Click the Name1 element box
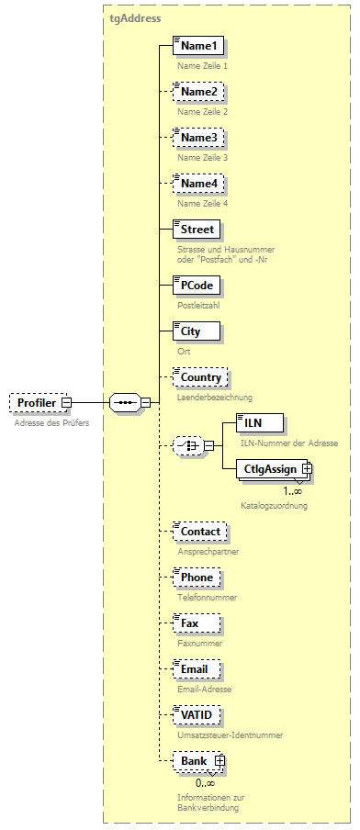[198, 46]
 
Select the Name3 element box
[198, 138]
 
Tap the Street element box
[197, 230]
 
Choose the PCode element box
[196, 286]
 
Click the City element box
[196, 331]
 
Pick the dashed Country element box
[200, 377]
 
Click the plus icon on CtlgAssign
[307, 469]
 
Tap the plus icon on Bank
[219, 761]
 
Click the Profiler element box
[37, 402]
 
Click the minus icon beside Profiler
[67, 402]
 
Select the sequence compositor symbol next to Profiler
[123, 402]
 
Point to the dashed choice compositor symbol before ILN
[187, 446]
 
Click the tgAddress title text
[135, 17]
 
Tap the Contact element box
[200, 532]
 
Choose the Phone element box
[197, 578]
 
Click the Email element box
[196, 669]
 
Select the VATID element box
[198, 715]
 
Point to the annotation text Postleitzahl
[199, 305]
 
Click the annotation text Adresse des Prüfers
[51, 422]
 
